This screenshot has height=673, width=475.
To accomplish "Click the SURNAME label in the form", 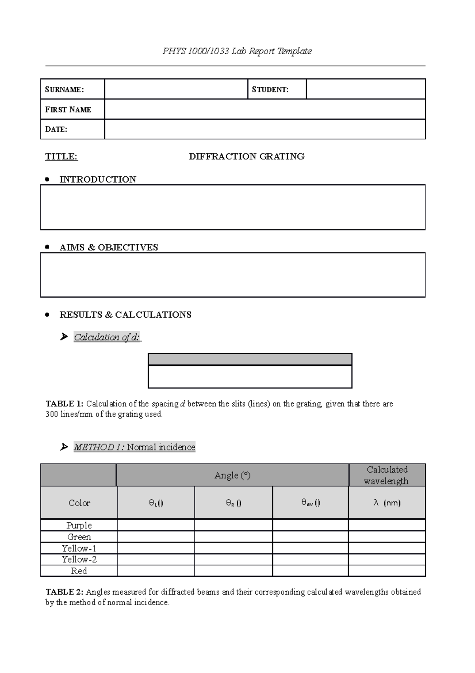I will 64,90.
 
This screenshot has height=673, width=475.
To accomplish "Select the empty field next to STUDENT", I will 365,89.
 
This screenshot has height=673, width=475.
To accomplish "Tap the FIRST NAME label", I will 68,110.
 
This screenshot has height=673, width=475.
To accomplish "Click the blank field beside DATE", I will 264,129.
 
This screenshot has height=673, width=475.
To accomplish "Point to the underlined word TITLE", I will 61,157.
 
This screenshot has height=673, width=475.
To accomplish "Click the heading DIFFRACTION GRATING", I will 247,157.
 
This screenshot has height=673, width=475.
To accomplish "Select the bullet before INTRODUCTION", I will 47,180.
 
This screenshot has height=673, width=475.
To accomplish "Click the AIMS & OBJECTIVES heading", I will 108,247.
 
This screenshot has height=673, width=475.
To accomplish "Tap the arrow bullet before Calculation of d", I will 64,337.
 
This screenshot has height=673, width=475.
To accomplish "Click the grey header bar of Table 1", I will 250,359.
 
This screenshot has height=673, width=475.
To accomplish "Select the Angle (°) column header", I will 232,475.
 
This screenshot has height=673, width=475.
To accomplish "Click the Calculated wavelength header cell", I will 387,475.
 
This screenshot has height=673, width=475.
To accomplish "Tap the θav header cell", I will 310,503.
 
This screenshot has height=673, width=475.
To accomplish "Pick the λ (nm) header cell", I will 387,503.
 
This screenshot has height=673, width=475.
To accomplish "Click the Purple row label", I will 79,526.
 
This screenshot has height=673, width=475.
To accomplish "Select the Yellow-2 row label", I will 79,560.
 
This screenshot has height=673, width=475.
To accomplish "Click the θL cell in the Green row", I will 156,537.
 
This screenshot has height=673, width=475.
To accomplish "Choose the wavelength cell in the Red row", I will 387,571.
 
